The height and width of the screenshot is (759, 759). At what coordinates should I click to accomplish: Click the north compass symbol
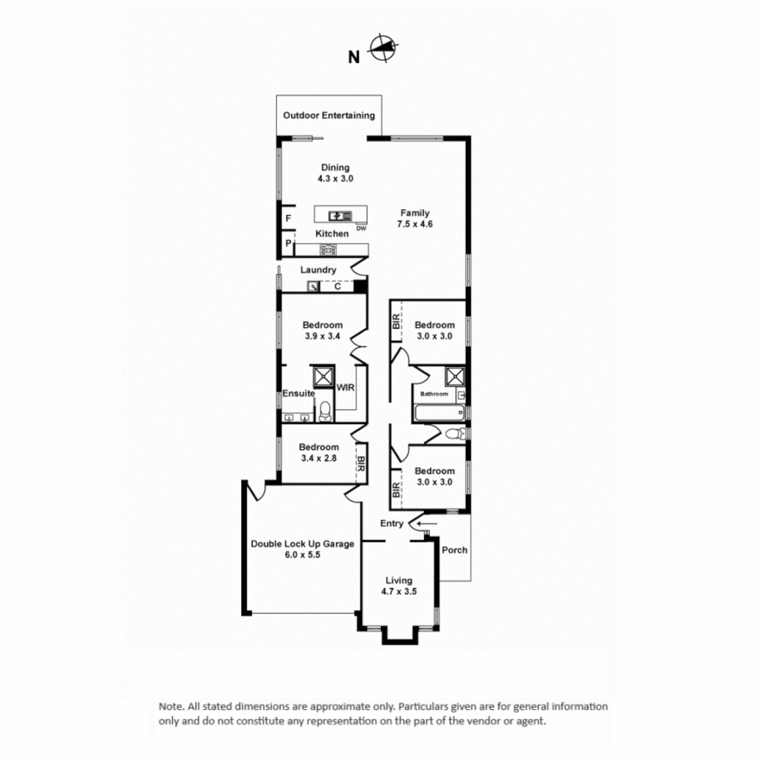pyautogui.click(x=383, y=49)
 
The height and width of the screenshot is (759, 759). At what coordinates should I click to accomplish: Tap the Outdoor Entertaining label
pyautogui.click(x=328, y=115)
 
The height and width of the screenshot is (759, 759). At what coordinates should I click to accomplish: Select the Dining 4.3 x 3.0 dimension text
pyautogui.click(x=335, y=179)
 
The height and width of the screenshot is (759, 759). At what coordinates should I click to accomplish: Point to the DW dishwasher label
pyautogui.click(x=361, y=228)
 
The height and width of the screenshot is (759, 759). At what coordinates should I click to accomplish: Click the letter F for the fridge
pyautogui.click(x=288, y=219)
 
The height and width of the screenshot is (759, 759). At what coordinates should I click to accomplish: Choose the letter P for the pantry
pyautogui.click(x=288, y=244)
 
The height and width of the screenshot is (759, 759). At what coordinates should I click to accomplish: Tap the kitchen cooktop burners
pyautogui.click(x=328, y=249)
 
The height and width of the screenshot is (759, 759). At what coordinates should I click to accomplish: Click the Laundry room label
pyautogui.click(x=318, y=270)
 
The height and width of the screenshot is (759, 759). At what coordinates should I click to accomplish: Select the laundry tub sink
pyautogui.click(x=313, y=286)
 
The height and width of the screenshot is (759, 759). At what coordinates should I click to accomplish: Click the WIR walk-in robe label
pyautogui.click(x=345, y=387)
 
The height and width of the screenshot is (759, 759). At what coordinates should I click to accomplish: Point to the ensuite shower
pyautogui.click(x=324, y=376)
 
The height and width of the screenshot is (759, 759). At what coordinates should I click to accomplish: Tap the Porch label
pyautogui.click(x=454, y=550)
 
